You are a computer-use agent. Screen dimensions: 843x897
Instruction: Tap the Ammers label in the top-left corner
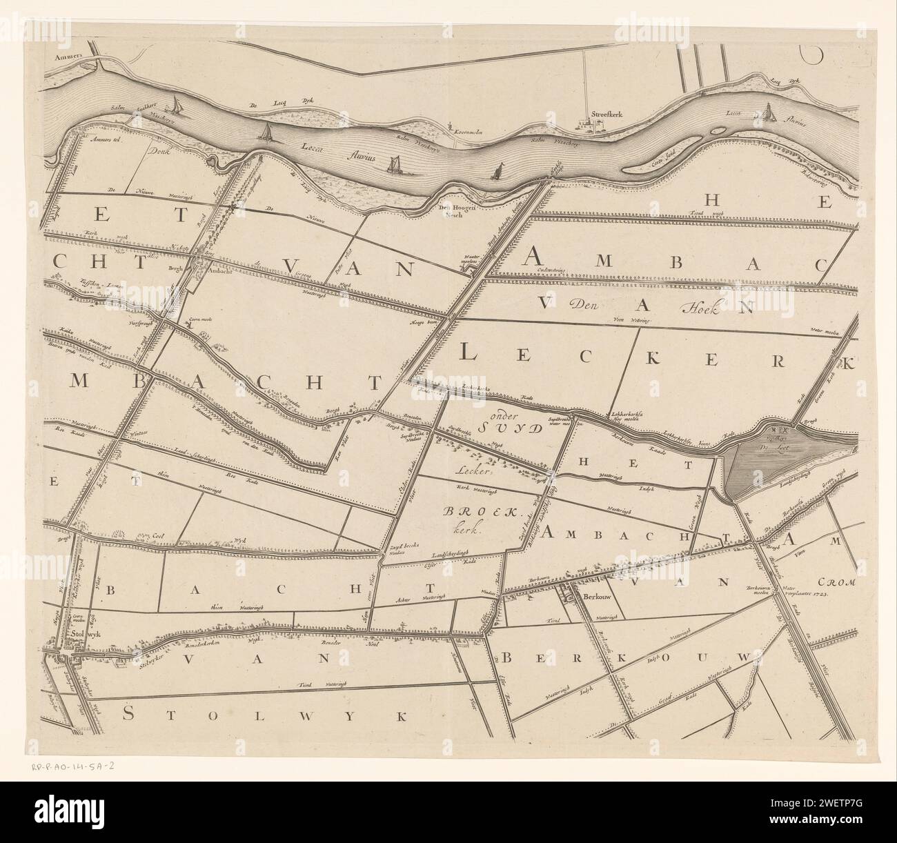click(63, 57)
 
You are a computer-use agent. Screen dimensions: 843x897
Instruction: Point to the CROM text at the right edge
click(838, 582)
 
